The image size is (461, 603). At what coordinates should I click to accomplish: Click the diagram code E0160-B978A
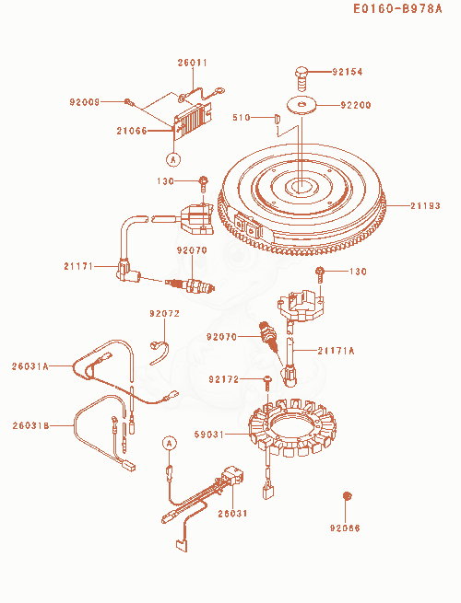tap(397, 8)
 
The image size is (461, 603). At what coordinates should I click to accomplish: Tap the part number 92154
tap(348, 72)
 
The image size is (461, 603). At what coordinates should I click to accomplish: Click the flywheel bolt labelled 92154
tap(302, 77)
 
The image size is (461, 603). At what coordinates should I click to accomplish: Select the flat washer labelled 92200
tap(301, 105)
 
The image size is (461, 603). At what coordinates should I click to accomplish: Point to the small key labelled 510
tap(276, 118)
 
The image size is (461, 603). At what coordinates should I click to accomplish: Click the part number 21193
tap(425, 205)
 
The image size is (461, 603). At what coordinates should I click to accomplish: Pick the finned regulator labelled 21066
tap(193, 119)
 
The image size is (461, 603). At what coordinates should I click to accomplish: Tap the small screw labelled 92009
tap(129, 102)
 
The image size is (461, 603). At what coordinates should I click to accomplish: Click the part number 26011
tap(192, 63)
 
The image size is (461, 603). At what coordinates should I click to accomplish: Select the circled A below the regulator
tap(173, 158)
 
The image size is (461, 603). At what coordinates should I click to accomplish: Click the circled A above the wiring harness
tap(169, 443)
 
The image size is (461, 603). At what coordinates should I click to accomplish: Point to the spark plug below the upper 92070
tap(190, 286)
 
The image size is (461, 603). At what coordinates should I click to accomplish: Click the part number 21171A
tap(336, 351)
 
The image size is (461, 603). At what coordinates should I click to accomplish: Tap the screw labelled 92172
tap(266, 383)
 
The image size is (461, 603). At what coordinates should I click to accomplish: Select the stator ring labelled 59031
tap(292, 428)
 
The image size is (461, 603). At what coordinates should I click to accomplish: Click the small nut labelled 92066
tap(348, 496)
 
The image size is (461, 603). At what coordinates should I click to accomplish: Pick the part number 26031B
tap(30, 425)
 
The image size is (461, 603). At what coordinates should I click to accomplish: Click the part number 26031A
tap(30, 366)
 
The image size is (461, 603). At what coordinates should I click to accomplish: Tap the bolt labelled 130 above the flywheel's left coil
tap(204, 184)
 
